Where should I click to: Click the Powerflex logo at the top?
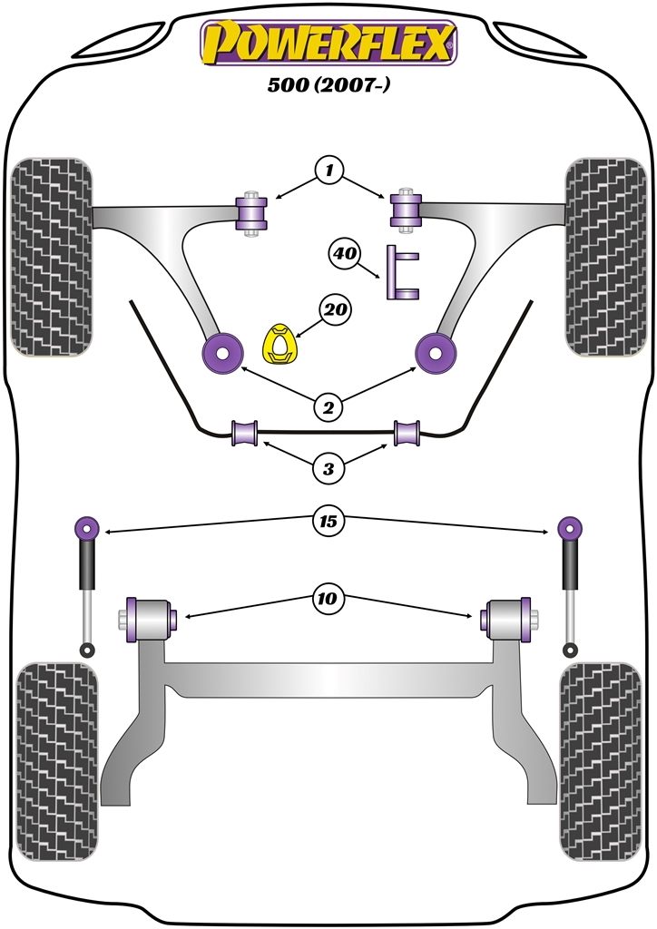coord(328,44)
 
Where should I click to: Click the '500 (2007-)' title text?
coord(328,87)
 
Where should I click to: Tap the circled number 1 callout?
coord(329,170)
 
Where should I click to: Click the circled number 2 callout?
coord(329,408)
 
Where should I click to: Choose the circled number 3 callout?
coord(328,469)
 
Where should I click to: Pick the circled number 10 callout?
coord(328,598)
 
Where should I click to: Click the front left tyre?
coord(51,259)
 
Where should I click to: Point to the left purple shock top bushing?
coord(87,526)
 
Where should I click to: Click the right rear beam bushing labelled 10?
coord(510,620)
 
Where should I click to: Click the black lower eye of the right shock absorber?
coord(570,650)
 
